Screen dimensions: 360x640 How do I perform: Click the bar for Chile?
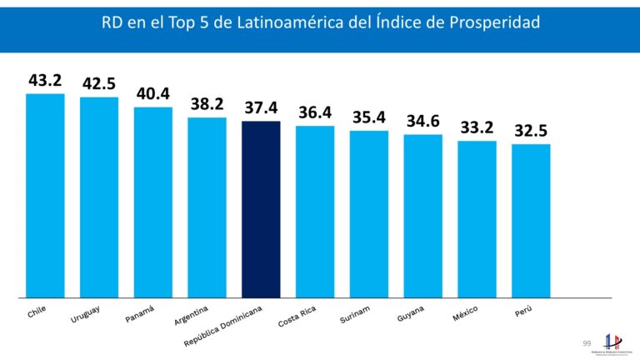click(x=45, y=195)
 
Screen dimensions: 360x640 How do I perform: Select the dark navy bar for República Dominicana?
click(x=261, y=208)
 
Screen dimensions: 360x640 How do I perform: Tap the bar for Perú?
click(x=531, y=220)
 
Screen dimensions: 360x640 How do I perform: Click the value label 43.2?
click(x=45, y=81)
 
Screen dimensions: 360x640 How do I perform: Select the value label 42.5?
click(x=99, y=84)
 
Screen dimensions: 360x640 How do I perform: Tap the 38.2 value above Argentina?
click(x=207, y=104)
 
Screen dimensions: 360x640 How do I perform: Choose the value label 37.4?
click(x=261, y=108)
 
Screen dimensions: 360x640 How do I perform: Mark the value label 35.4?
click(x=369, y=117)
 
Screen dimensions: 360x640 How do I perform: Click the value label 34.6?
click(x=423, y=122)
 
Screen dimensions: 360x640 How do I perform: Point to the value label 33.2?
click(x=477, y=127)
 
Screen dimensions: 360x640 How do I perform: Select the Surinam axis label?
click(x=356, y=316)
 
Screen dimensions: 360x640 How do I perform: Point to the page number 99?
click(x=587, y=343)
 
